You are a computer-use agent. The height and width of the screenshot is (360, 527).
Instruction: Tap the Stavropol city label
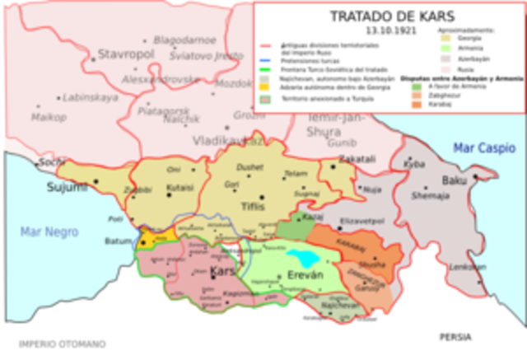point(121,54)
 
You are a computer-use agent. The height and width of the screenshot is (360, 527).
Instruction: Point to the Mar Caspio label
point(482,148)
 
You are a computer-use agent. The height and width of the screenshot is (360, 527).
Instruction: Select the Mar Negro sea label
point(49,232)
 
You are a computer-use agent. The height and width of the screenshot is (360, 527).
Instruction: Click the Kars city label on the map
point(223,271)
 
